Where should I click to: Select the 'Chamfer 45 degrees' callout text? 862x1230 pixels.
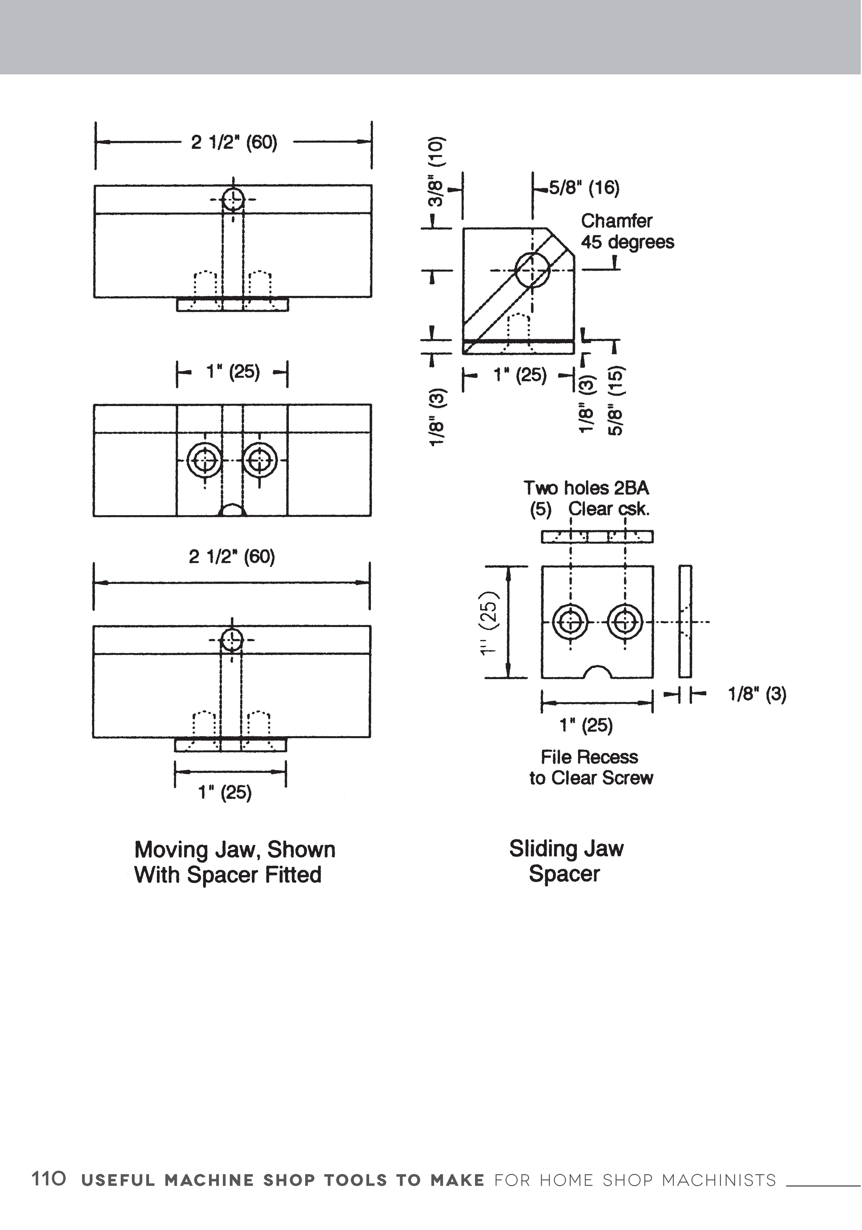pyautogui.click(x=627, y=231)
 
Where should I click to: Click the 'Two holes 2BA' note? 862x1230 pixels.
pyautogui.click(x=586, y=488)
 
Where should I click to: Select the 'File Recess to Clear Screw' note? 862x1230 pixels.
pyautogui.click(x=591, y=767)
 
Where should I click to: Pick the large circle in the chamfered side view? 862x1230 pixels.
pyautogui.click(x=532, y=270)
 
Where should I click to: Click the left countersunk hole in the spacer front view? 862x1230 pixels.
pyautogui.click(x=570, y=622)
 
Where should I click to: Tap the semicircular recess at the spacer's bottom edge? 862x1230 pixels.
pyautogui.click(x=597, y=672)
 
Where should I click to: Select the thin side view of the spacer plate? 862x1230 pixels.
pyautogui.click(x=685, y=621)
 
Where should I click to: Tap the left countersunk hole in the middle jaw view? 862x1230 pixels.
pyautogui.click(x=205, y=460)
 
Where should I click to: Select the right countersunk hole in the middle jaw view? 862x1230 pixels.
pyautogui.click(x=260, y=460)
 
